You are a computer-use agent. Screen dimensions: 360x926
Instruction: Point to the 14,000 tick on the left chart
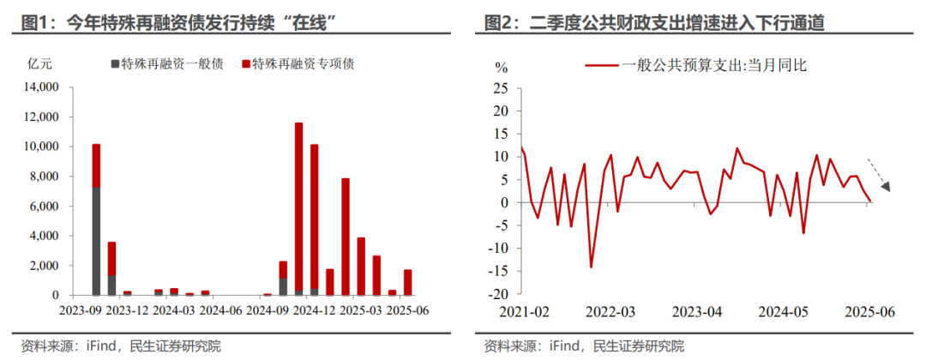tap(39, 87)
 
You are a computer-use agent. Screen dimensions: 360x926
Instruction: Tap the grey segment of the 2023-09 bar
tap(96, 241)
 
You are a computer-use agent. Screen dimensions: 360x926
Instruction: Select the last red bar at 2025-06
tap(408, 282)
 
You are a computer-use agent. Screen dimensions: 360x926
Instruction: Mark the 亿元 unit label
tap(40, 64)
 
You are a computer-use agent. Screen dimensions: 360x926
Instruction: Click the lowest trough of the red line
tap(591, 267)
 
